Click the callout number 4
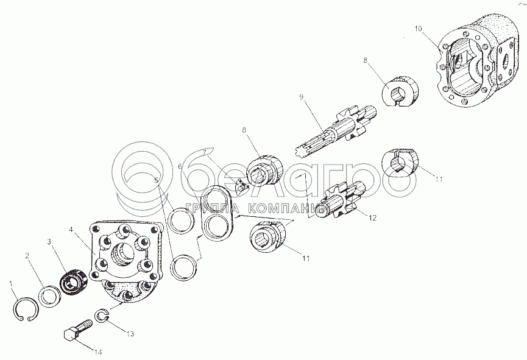click(72, 230)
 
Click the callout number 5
click(157, 181)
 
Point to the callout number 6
click(180, 166)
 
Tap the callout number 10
click(417, 29)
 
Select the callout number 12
click(373, 217)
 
